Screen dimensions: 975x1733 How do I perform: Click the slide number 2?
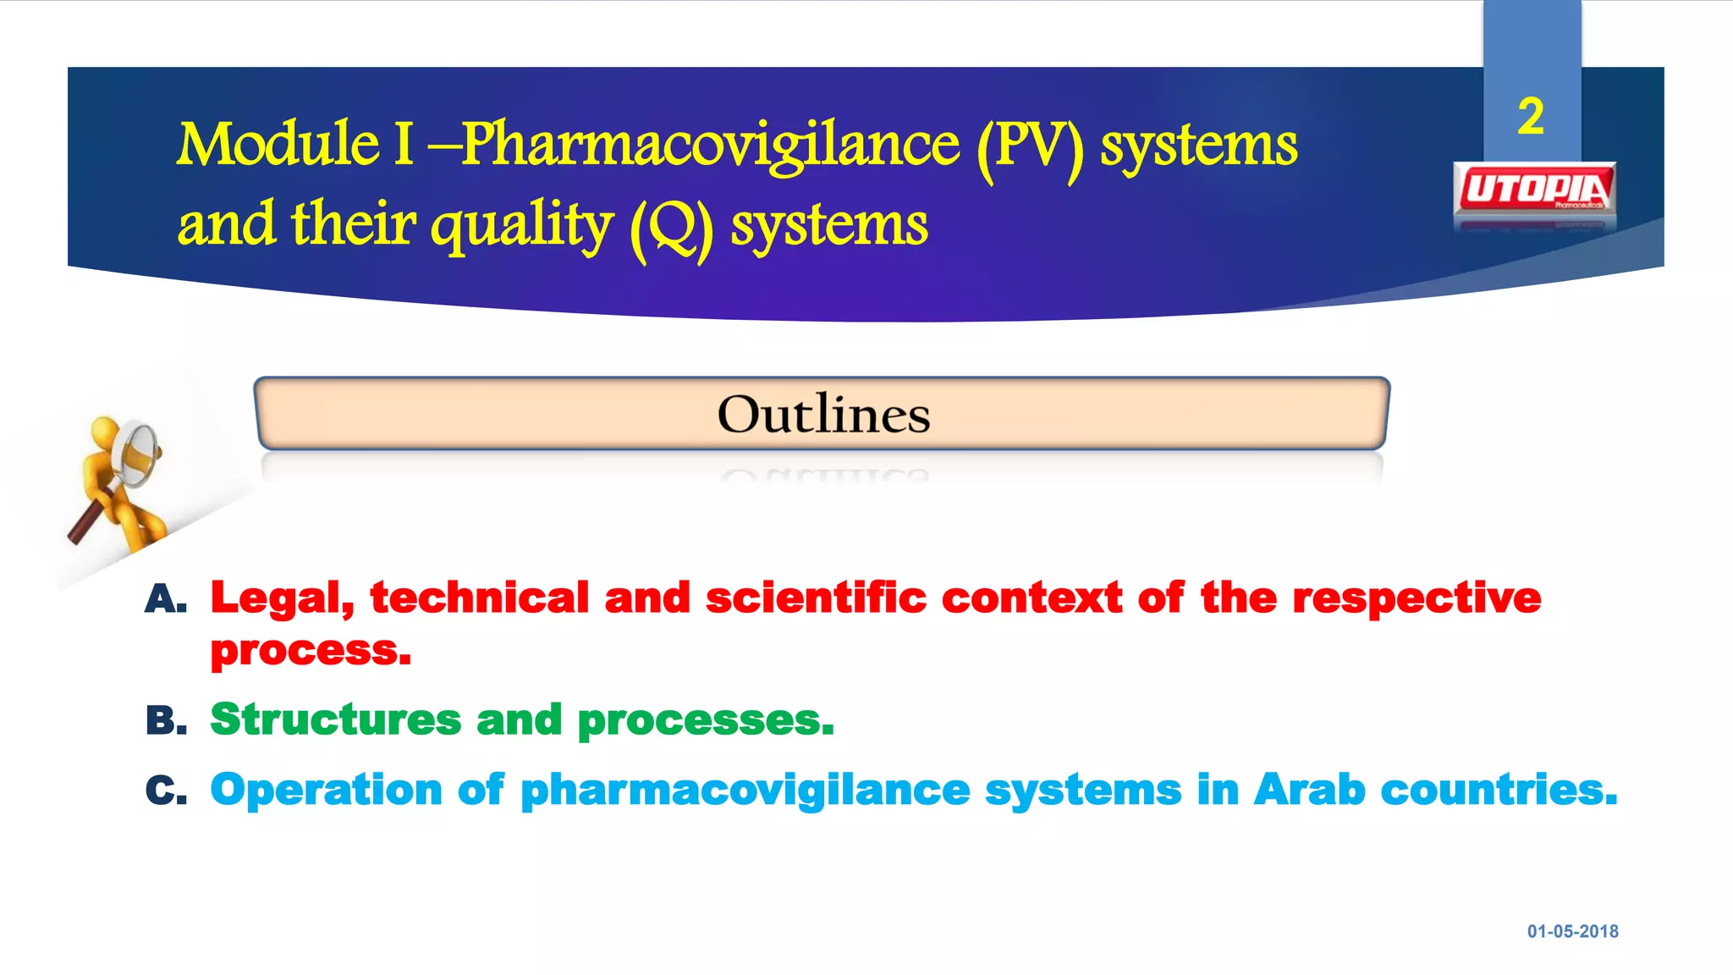(x=1530, y=117)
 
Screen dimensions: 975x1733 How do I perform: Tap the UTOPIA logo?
(x=1534, y=190)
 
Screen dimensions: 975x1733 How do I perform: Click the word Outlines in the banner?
(x=823, y=415)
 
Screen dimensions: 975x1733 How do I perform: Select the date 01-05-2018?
(x=1572, y=931)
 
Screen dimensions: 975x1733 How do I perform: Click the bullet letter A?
(x=165, y=599)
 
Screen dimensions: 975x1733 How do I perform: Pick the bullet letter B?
(x=165, y=721)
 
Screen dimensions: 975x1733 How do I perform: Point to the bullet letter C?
(x=165, y=790)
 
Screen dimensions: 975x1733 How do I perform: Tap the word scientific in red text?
(x=816, y=598)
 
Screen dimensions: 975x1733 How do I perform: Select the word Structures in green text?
(x=335, y=719)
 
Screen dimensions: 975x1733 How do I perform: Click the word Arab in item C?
(x=1309, y=790)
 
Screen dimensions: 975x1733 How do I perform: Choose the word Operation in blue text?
(x=326, y=790)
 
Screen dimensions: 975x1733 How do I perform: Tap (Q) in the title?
(x=671, y=227)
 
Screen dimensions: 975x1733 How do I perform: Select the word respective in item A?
(x=1417, y=599)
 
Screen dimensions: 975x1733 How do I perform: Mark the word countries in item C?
(x=1498, y=790)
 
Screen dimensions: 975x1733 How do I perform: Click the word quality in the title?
(x=521, y=227)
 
